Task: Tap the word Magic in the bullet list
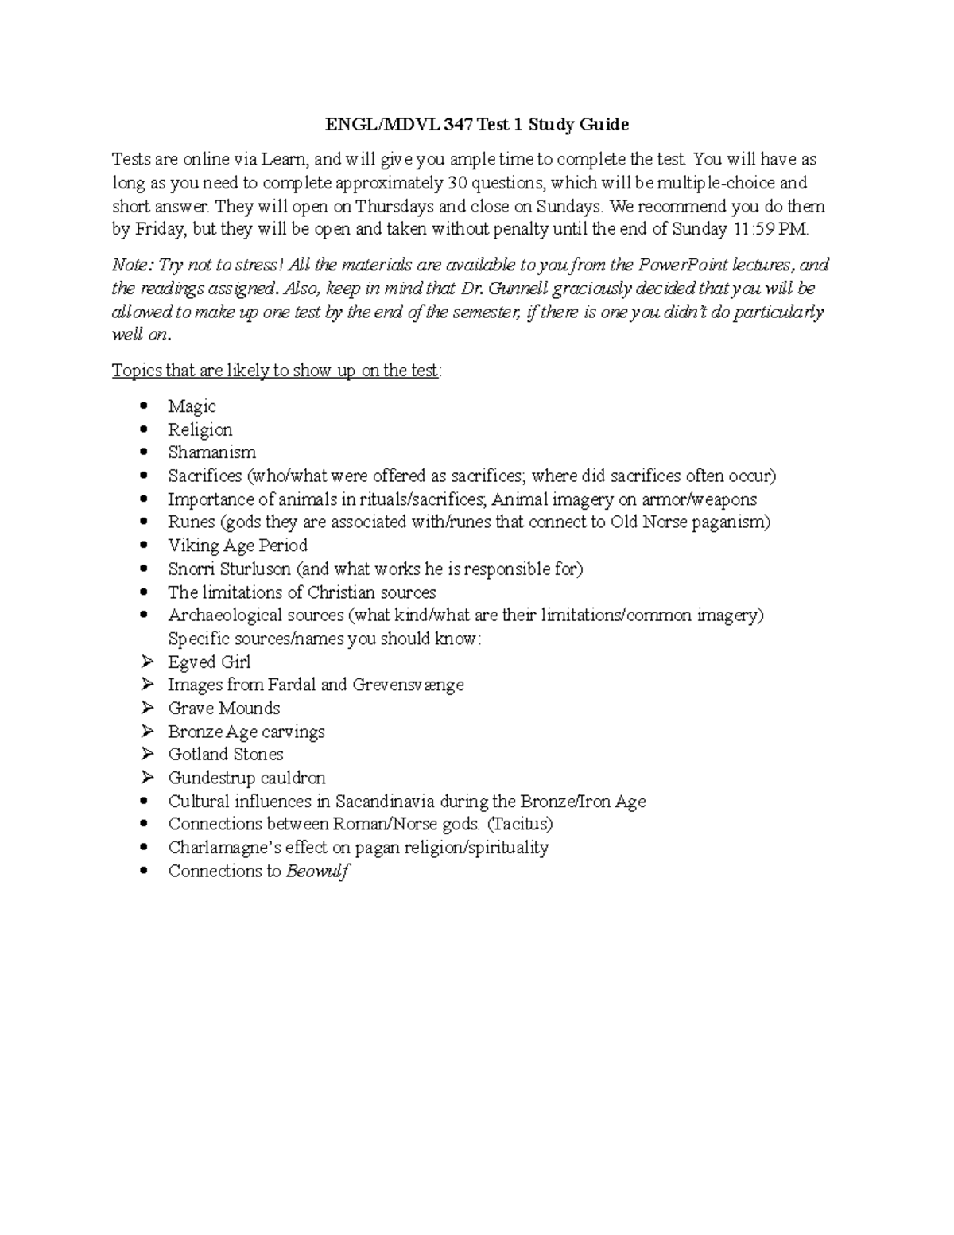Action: coord(192,406)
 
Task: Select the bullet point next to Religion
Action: coord(144,429)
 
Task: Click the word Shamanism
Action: coord(211,452)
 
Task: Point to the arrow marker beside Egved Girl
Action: coord(146,662)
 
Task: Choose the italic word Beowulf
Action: coord(317,871)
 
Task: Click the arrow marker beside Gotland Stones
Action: coord(146,754)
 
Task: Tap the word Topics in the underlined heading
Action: coord(136,371)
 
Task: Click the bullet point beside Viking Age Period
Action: coord(144,546)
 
